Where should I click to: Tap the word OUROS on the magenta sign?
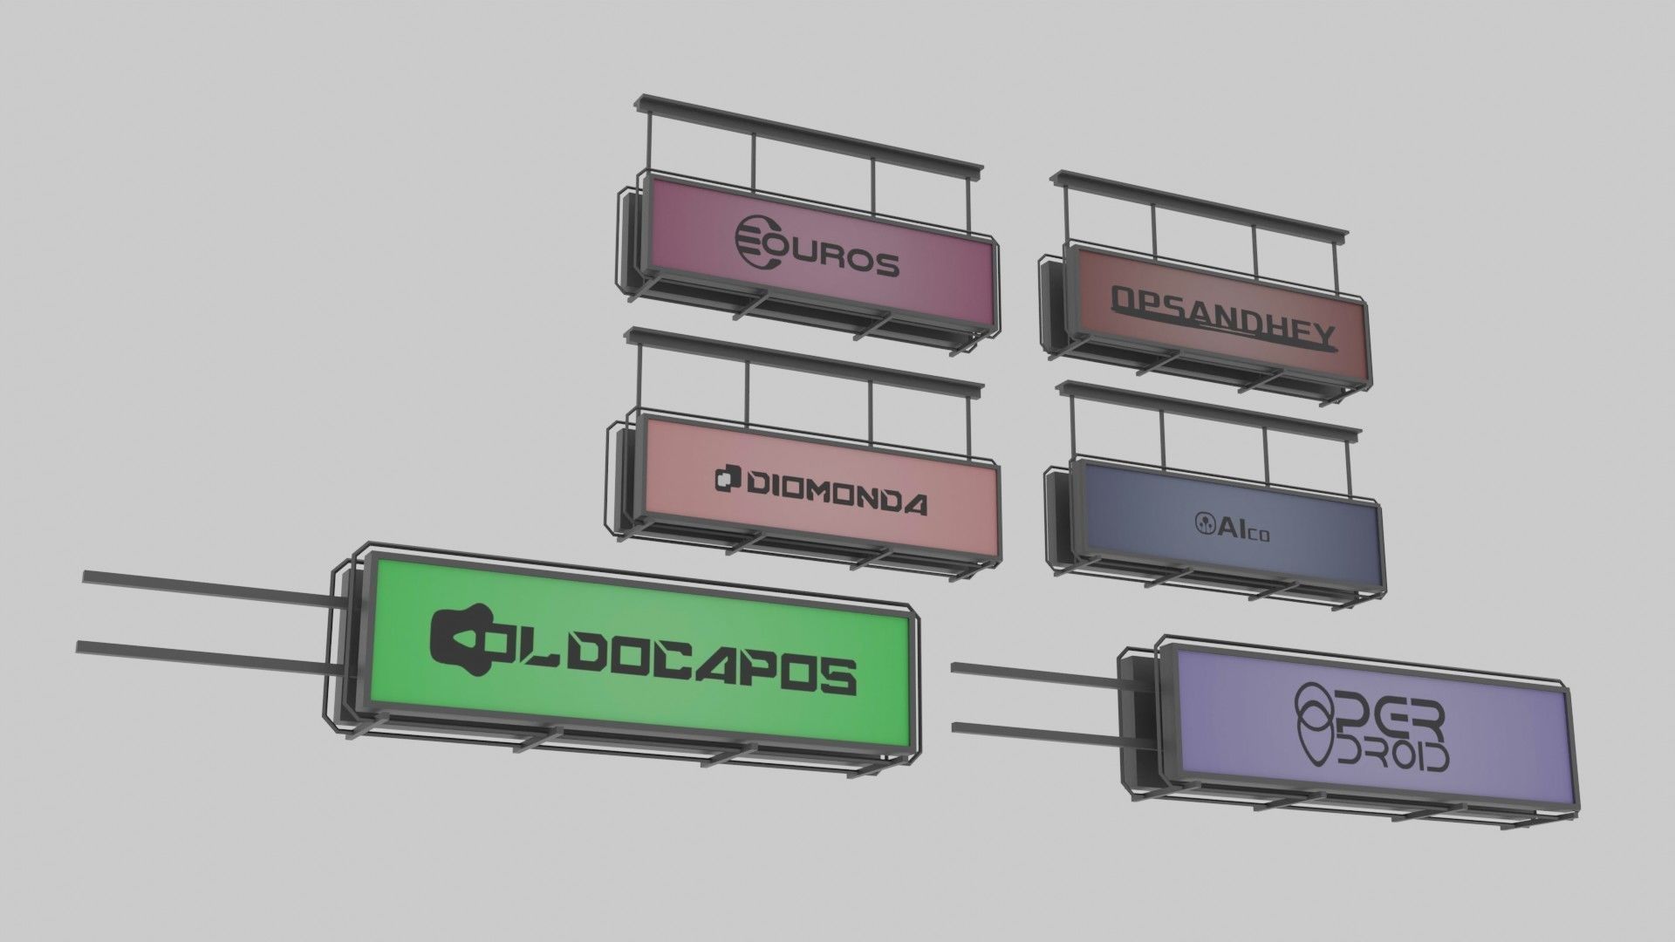pos(833,258)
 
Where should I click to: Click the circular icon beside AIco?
pos(1203,522)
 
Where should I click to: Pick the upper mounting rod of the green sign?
pos(209,590)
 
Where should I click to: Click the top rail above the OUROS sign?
pos(811,133)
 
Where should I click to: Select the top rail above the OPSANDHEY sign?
pos(1200,202)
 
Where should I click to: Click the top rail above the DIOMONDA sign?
pos(807,361)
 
